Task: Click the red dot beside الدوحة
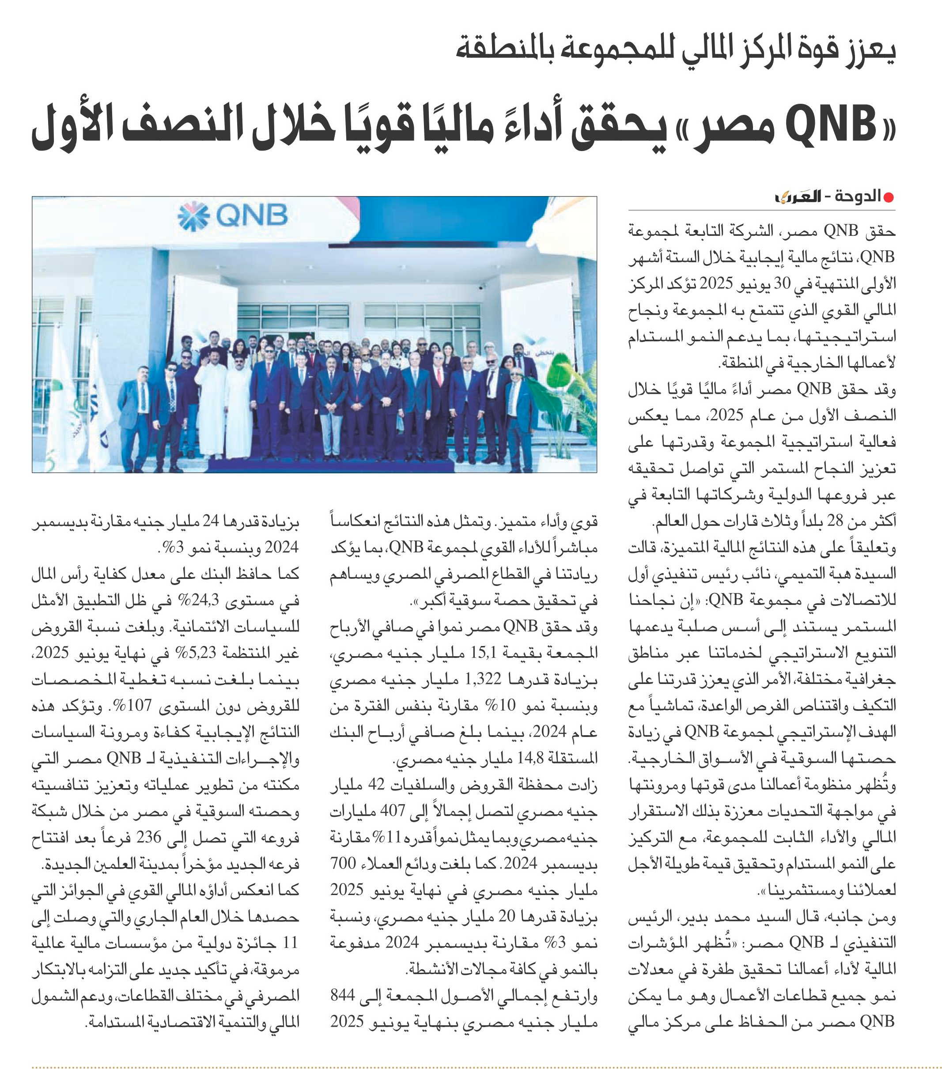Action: point(889,197)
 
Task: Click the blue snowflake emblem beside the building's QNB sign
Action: point(193,215)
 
